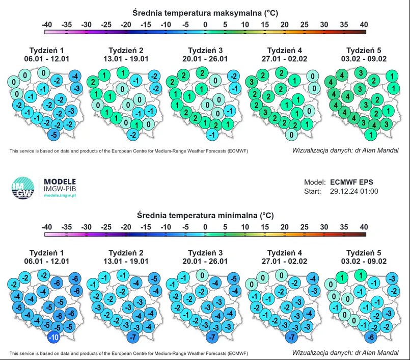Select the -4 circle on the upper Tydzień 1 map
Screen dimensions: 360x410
(75, 76)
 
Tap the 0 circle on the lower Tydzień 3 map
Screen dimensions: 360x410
(203, 276)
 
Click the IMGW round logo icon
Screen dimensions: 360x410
(22, 188)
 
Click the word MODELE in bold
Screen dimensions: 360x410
(60, 182)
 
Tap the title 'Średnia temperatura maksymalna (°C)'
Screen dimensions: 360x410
(205, 12)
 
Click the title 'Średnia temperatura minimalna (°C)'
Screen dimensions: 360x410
(205, 215)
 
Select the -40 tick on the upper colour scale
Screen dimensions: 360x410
(47, 24)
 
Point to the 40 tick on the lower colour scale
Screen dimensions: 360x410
(363, 227)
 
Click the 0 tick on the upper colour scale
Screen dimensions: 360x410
(205, 24)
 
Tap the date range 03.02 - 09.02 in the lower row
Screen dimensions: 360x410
(364, 261)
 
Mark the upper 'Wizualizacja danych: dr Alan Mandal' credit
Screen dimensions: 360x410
(345, 151)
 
